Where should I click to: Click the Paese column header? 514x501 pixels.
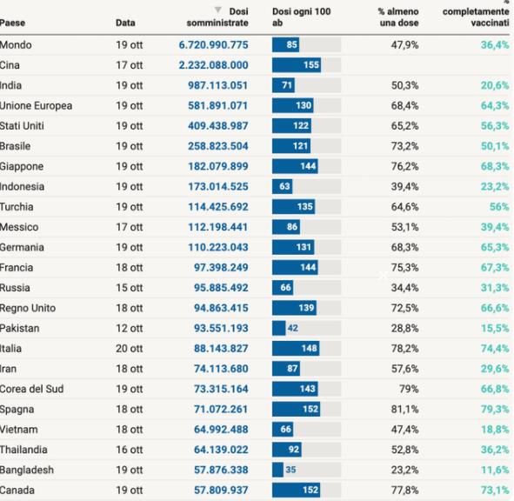point(12,23)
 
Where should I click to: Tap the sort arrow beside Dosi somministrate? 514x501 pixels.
point(217,10)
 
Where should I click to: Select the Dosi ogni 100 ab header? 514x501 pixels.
point(301,17)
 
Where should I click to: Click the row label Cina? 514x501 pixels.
point(10,65)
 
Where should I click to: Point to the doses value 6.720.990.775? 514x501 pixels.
point(213,45)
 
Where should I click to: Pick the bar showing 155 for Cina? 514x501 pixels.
point(297,65)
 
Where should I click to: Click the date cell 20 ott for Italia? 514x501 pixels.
point(130,348)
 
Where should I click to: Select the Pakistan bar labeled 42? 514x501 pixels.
point(278,328)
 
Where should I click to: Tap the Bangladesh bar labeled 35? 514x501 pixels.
point(277,470)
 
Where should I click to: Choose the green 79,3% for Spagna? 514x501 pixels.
point(495,409)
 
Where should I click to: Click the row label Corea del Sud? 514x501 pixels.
point(32,389)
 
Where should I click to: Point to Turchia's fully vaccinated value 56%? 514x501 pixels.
point(499,206)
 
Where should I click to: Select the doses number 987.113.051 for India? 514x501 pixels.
point(218,85)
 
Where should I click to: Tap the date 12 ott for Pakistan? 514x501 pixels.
point(130,328)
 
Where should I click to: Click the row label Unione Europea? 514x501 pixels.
point(36,105)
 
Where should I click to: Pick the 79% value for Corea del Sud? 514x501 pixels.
point(409,389)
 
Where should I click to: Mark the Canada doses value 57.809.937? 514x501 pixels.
point(221,490)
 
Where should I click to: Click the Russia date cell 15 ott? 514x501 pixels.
point(130,288)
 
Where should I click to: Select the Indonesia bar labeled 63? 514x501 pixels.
point(282,186)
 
